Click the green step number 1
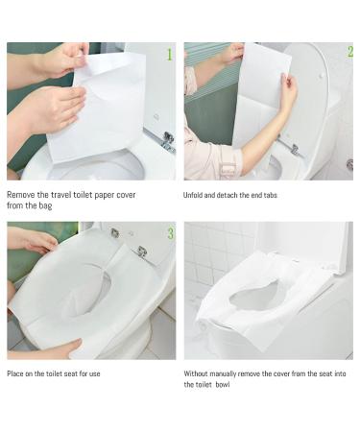point(170,55)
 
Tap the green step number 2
point(348,52)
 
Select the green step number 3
point(170,233)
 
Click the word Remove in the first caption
point(22,194)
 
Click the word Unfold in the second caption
point(196,195)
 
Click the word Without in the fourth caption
point(200,373)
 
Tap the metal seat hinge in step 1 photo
point(168,140)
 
